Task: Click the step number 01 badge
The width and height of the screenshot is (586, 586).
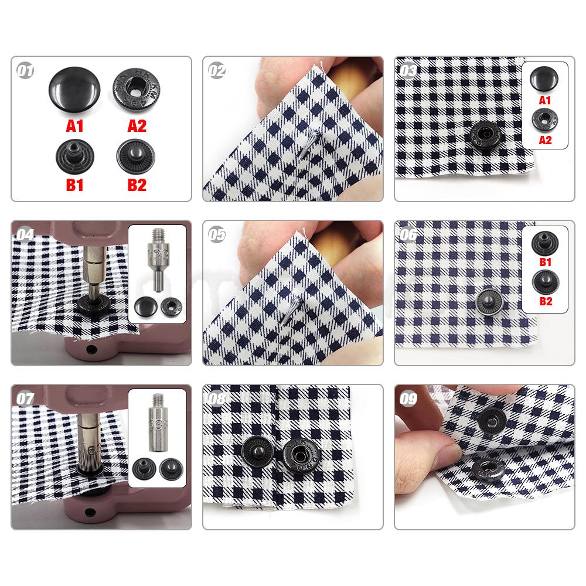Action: click(25, 71)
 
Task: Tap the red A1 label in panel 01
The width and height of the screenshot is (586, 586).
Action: click(74, 125)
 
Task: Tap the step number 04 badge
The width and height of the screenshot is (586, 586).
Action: click(25, 234)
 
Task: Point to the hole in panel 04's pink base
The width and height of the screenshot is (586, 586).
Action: click(92, 350)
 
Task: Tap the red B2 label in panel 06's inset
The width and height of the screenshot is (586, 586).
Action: click(545, 302)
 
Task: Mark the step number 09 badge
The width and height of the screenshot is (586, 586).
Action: click(408, 400)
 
